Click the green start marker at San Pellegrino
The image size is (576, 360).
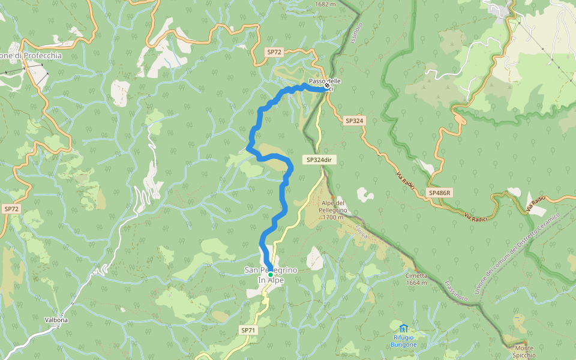270,274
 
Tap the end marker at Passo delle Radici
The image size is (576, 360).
326,86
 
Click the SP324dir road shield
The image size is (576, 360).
319,160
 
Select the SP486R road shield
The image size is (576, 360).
440,193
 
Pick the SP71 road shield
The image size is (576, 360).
248,330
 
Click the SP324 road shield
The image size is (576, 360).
354,121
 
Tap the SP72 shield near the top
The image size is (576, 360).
274,52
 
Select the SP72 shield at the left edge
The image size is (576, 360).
11,209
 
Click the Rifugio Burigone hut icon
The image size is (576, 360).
403,328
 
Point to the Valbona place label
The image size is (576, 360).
56,320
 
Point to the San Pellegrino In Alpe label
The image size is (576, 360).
270,275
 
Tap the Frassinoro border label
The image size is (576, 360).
457,289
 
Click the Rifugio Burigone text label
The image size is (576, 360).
403,341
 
